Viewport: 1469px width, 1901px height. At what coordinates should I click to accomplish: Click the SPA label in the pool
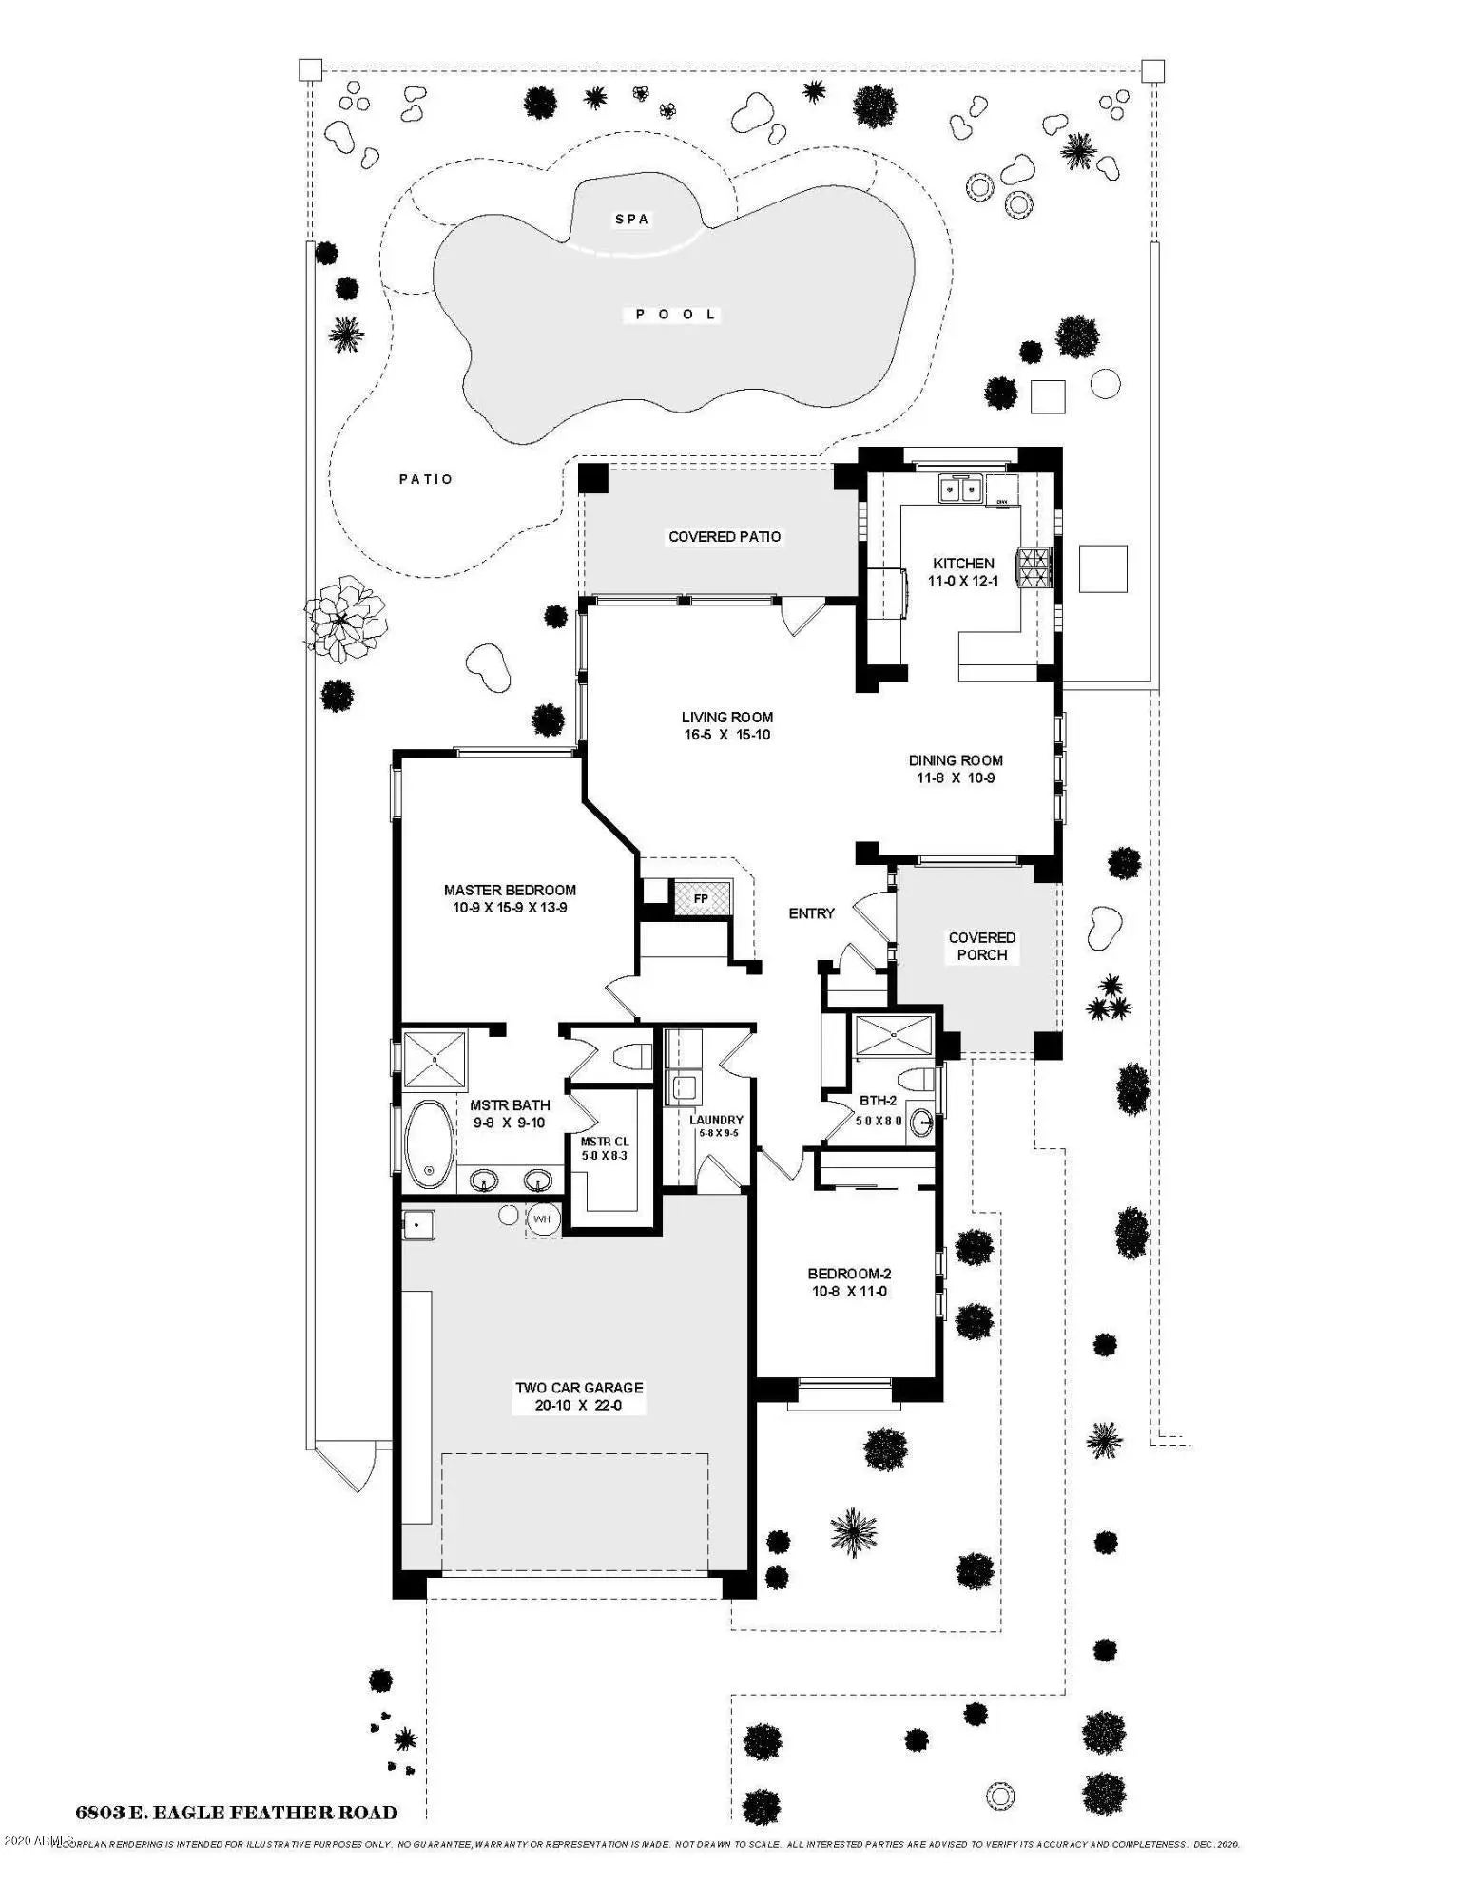pyautogui.click(x=632, y=220)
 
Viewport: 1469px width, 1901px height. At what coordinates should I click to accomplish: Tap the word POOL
pyautogui.click(x=676, y=315)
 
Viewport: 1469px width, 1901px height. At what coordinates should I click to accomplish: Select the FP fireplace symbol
pyautogui.click(x=701, y=898)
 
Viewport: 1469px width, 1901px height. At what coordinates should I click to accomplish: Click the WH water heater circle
pyautogui.click(x=542, y=1219)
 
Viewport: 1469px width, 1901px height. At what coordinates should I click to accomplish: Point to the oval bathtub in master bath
pyautogui.click(x=430, y=1144)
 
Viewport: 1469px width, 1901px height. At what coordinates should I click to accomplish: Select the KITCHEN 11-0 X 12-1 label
pyautogui.click(x=963, y=571)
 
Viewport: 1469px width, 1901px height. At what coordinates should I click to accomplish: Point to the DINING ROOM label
pyautogui.click(x=956, y=760)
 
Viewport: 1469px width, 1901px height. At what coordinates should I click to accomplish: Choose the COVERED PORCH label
pyautogui.click(x=982, y=946)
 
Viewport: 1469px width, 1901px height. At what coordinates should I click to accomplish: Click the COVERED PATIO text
pyautogui.click(x=725, y=537)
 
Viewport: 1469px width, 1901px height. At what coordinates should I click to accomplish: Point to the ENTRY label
pyautogui.click(x=811, y=913)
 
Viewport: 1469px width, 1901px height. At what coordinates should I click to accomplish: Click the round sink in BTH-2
pyautogui.click(x=920, y=1123)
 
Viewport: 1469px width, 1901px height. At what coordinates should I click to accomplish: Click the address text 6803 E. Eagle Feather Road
pyautogui.click(x=237, y=1812)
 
